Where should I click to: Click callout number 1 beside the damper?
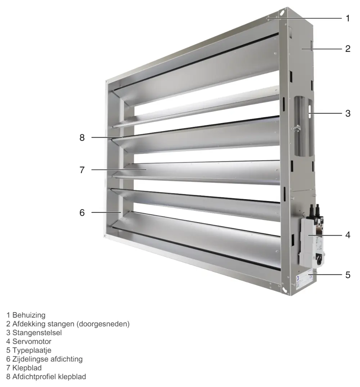pos(348,18)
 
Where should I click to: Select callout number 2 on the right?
pos(348,49)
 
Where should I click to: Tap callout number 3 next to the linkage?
pos(348,113)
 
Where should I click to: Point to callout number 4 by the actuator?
pos(348,235)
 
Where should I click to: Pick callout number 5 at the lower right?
pos(348,275)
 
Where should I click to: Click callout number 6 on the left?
pos(82,212)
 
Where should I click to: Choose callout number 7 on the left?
pos(82,170)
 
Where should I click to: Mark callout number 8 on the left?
pos(82,138)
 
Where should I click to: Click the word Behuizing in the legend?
pos(29,315)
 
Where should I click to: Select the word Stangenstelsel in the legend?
pos(37,333)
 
